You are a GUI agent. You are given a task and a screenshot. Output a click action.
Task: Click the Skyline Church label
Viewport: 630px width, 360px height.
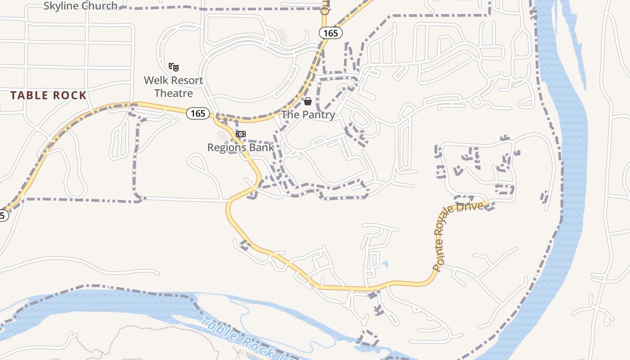click(x=81, y=6)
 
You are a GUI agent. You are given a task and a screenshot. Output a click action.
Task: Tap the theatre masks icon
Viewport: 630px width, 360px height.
click(x=174, y=67)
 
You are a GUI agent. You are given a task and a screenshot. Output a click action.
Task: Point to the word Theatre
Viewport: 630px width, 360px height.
click(x=174, y=93)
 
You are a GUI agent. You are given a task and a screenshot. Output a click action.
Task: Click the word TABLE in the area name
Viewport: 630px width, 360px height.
click(x=27, y=95)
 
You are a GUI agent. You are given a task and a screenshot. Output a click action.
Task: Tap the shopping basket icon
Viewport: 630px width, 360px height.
click(x=308, y=101)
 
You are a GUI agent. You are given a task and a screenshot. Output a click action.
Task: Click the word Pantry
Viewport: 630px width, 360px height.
click(x=318, y=115)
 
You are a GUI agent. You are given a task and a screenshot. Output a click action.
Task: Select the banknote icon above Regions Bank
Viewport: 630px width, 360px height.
click(x=241, y=134)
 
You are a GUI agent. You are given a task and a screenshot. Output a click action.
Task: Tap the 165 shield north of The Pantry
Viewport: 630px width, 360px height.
click(x=330, y=33)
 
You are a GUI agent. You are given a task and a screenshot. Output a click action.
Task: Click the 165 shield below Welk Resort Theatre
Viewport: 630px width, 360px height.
click(x=198, y=113)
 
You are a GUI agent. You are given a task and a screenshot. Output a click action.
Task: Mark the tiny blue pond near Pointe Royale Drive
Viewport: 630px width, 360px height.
click(x=385, y=264)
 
